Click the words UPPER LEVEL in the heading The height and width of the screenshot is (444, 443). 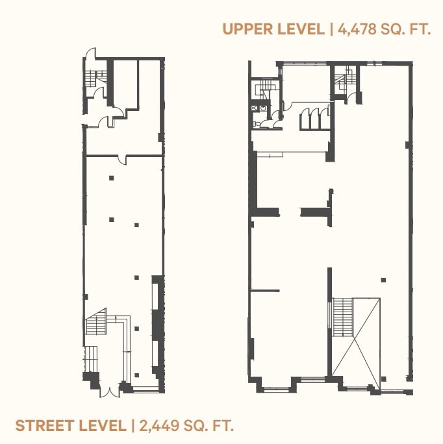[x=272, y=29]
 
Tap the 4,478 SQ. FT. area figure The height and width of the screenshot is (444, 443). [x=384, y=29]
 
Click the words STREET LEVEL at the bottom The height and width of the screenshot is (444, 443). [x=71, y=426]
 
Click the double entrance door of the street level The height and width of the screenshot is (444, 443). [x=110, y=389]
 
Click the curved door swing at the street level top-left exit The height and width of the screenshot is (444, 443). [x=90, y=53]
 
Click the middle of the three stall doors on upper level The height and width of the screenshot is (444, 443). [x=311, y=119]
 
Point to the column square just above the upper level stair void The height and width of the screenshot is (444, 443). [x=383, y=280]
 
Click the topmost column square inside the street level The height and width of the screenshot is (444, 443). [x=111, y=177]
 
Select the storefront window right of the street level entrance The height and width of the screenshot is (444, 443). [x=145, y=389]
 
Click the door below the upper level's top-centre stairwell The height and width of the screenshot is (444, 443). [x=351, y=98]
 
